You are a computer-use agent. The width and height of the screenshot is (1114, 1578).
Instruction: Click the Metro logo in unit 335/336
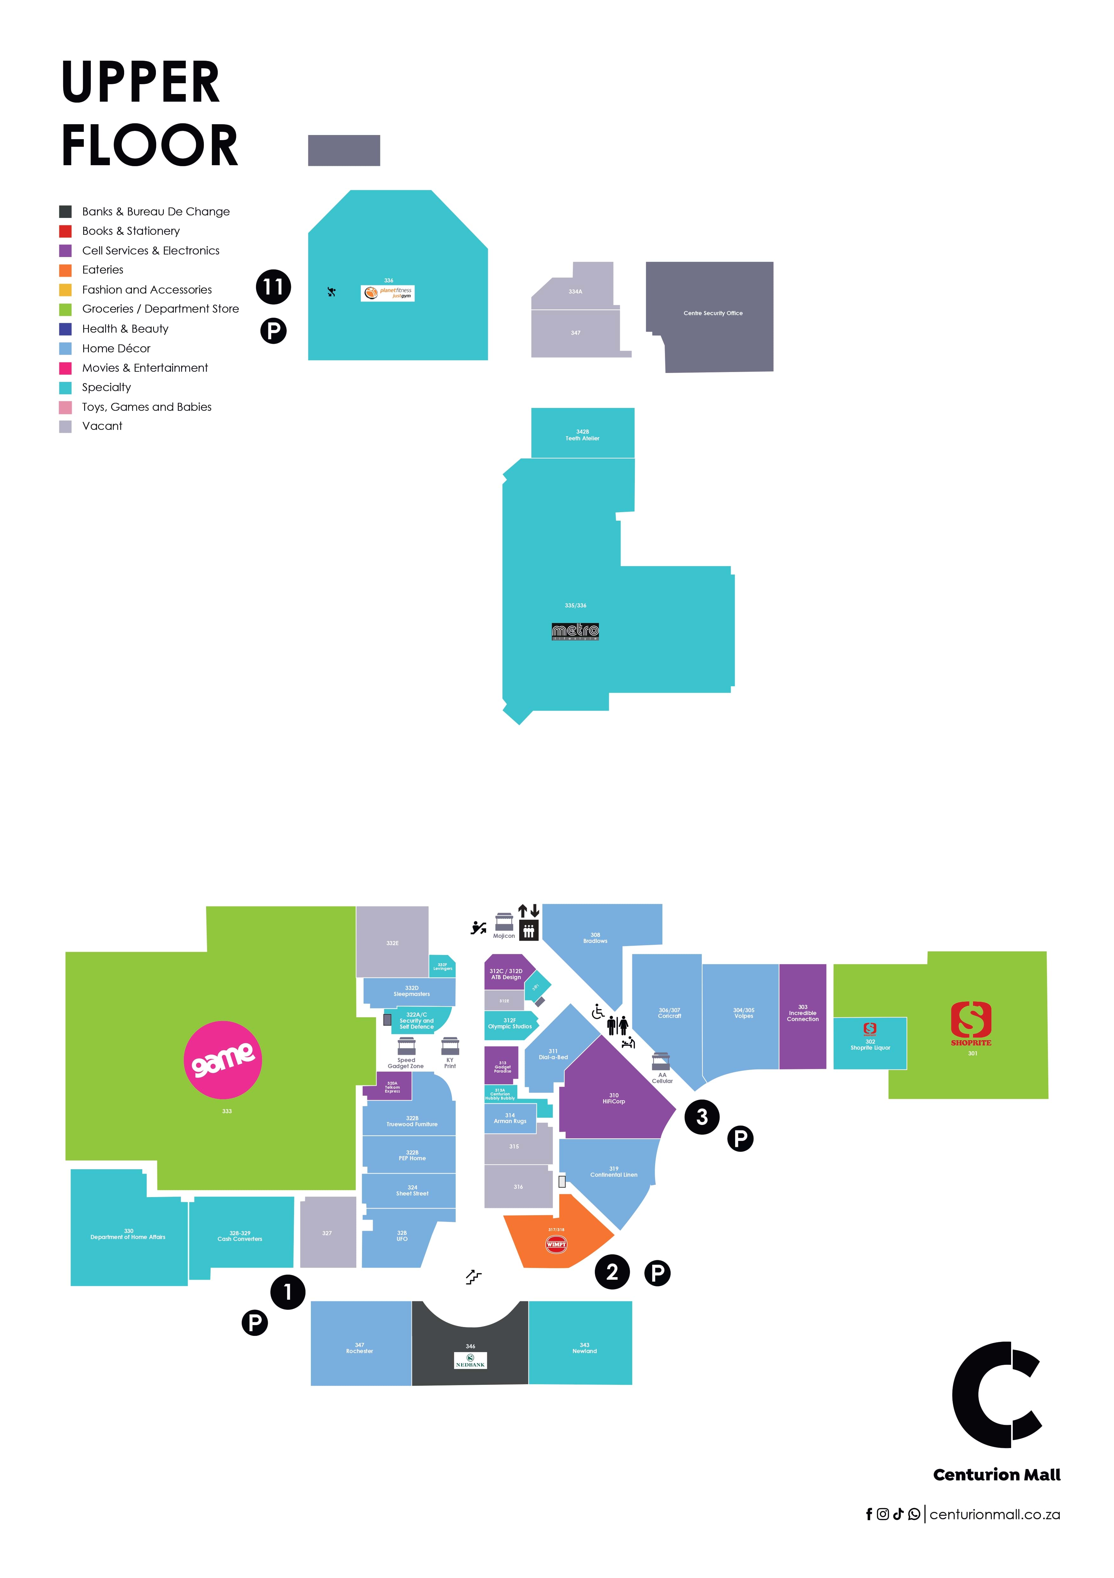click(575, 631)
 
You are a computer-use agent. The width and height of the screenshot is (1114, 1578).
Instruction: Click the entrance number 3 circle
click(702, 1117)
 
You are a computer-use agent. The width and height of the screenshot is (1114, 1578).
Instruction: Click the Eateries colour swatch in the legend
click(65, 270)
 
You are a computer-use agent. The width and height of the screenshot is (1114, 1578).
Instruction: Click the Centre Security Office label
click(713, 313)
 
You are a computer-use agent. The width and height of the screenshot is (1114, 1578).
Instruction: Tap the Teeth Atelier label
click(582, 438)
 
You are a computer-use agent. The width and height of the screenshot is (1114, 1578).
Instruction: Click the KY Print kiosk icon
click(450, 1046)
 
